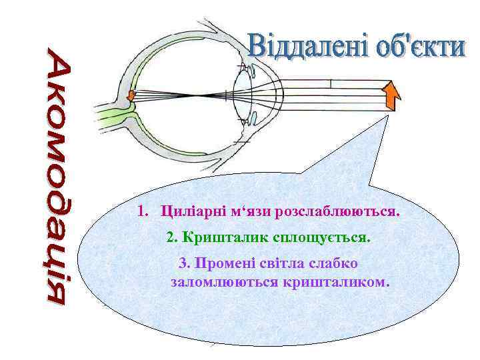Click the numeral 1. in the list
point(142,213)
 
